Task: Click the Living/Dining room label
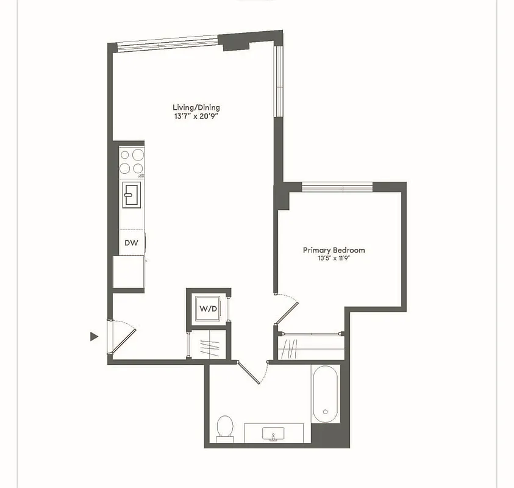pyautogui.click(x=196, y=107)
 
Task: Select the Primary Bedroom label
pyautogui.click(x=334, y=250)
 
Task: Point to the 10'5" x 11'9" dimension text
pyautogui.click(x=334, y=258)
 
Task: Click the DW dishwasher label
pyautogui.click(x=131, y=242)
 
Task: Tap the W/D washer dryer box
pyautogui.click(x=208, y=309)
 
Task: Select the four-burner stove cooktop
pyautogui.click(x=132, y=162)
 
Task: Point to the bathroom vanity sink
pyautogui.click(x=273, y=434)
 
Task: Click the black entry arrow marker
pyautogui.click(x=94, y=336)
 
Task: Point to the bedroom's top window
pyautogui.click(x=337, y=186)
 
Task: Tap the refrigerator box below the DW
pyautogui.click(x=129, y=271)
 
